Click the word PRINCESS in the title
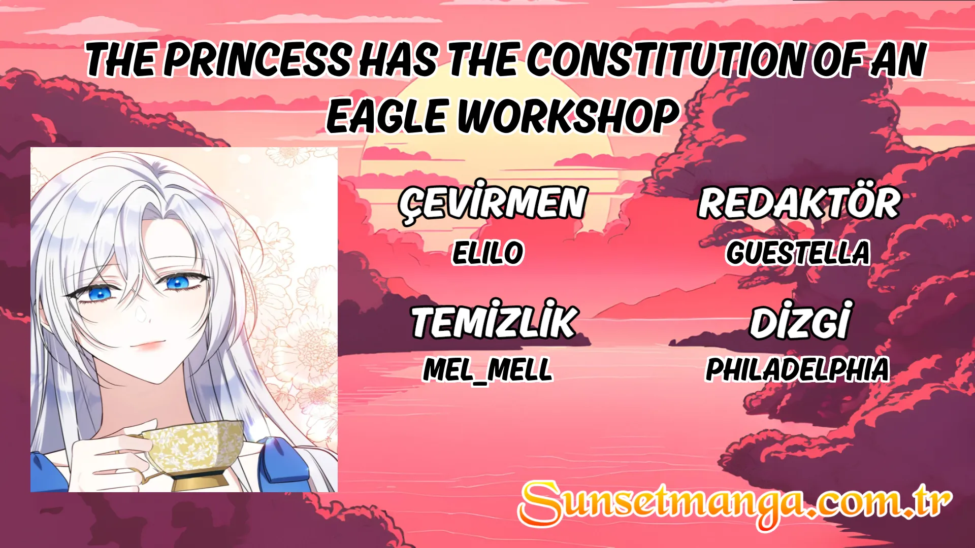[257, 60]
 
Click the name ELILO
[487, 253]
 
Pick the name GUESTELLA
[798, 253]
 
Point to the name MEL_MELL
[487, 369]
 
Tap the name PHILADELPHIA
[798, 369]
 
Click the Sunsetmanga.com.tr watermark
[734, 503]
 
